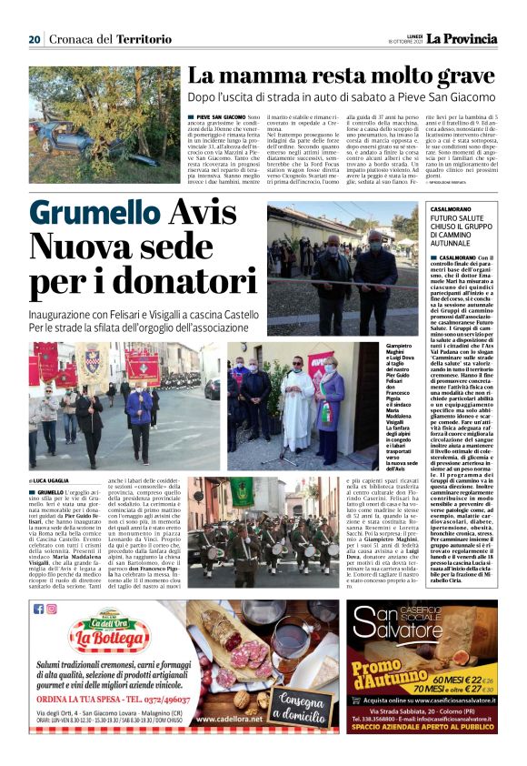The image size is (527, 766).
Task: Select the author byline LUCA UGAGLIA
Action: point(55,479)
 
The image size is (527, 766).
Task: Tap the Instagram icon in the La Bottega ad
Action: point(51,609)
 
